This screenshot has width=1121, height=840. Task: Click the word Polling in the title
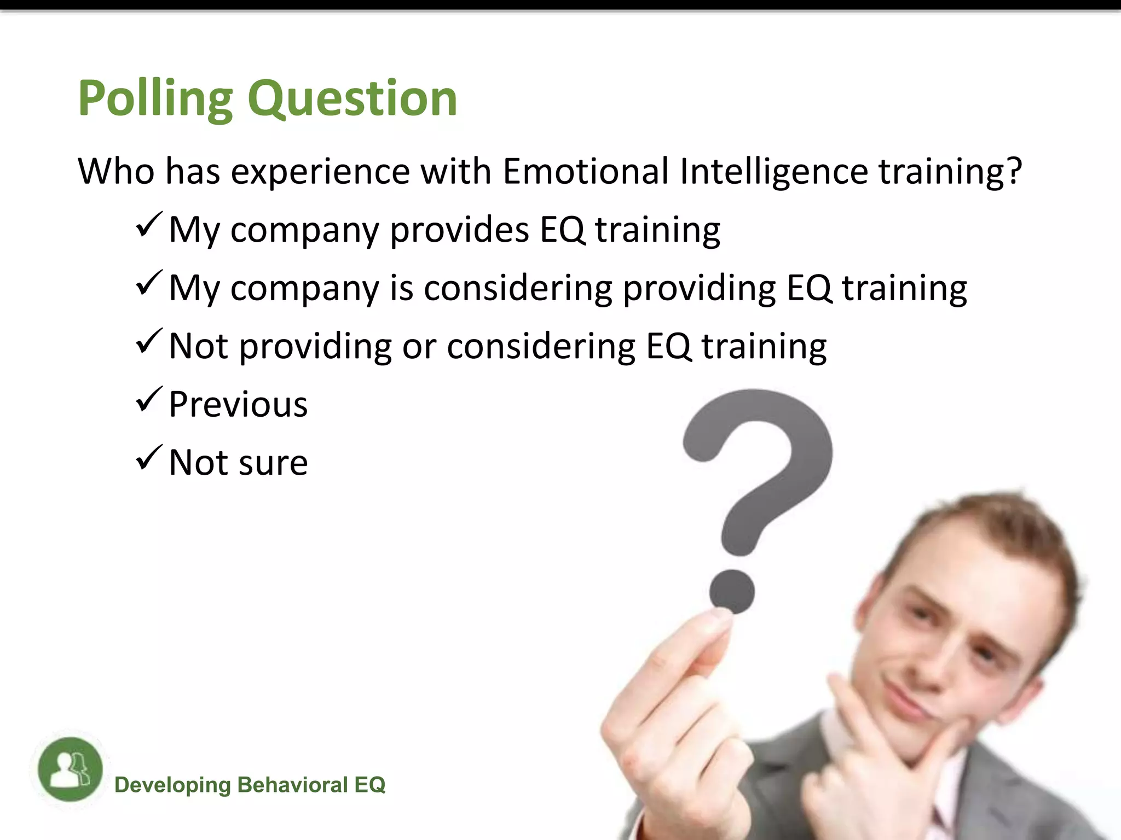coord(155,100)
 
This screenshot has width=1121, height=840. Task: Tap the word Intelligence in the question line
coord(774,172)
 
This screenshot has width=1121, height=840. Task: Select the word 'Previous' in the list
coord(238,405)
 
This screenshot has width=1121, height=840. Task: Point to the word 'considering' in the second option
coord(518,288)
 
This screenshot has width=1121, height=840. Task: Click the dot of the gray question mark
coord(732,591)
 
